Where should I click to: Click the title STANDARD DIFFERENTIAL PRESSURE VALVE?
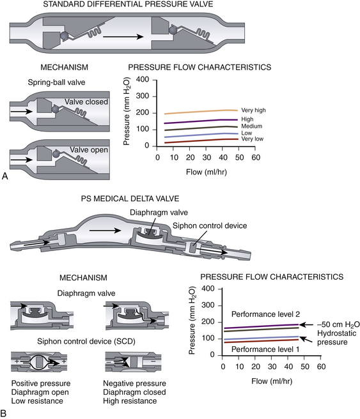[128, 4]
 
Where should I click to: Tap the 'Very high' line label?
[253, 110]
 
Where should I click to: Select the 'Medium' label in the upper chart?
[252, 126]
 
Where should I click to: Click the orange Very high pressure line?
[201, 112]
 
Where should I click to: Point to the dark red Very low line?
[201, 141]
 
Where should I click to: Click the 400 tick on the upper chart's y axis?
[143, 80]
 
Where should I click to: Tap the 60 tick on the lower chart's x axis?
[321, 367]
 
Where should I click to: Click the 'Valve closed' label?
[86, 102]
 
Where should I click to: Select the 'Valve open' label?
[89, 150]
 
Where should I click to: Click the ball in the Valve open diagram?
[56, 154]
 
